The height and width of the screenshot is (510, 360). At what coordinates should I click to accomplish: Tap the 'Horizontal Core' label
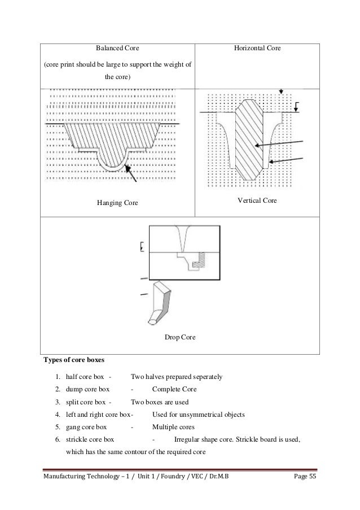[x=257, y=49]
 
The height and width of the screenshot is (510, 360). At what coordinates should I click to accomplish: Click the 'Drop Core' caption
[x=180, y=337]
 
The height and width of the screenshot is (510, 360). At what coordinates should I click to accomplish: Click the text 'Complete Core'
[x=174, y=389]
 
